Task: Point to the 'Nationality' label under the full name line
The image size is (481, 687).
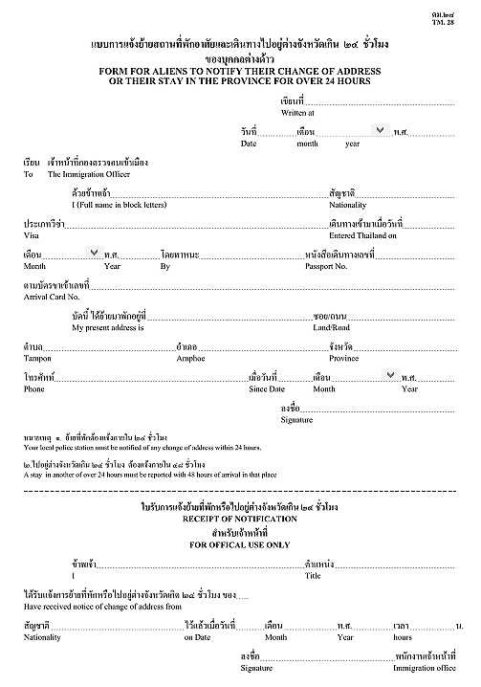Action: coord(347,205)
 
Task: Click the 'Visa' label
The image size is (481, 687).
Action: coord(33,234)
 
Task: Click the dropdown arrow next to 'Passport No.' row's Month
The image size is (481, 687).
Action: coord(94,253)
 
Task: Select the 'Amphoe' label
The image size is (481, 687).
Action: coord(191,358)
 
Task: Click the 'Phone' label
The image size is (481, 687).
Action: coord(34,389)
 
